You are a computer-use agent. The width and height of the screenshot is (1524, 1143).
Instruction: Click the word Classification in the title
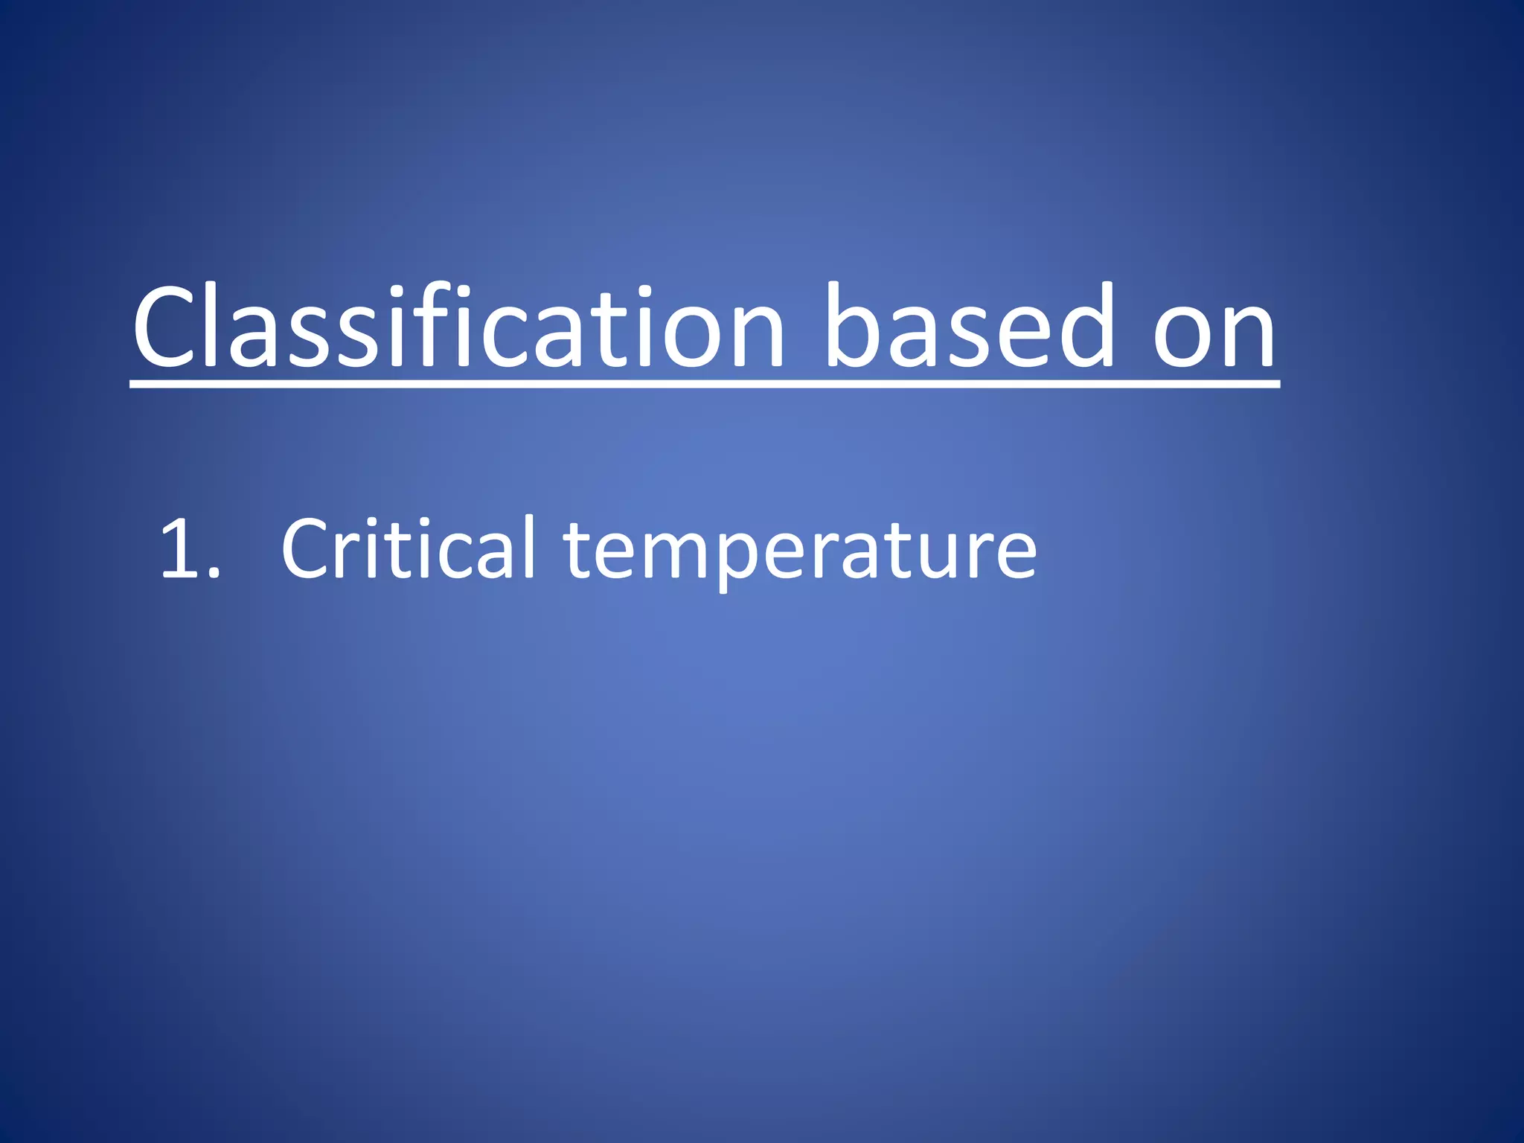point(458,327)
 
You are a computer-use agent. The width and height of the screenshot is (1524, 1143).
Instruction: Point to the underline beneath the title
point(704,383)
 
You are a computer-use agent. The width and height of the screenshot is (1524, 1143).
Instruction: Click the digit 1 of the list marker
point(179,549)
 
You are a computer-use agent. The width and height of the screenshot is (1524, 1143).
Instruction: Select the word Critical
point(408,549)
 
